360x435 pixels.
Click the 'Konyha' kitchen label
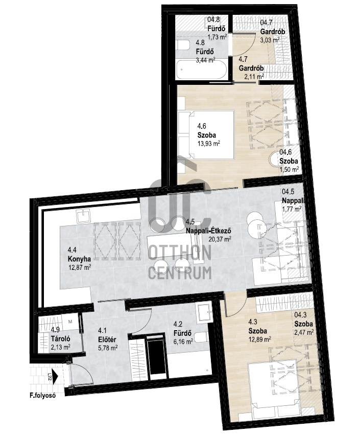(x=79, y=259)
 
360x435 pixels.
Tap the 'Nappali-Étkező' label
(x=209, y=231)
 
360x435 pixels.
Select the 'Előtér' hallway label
(x=107, y=339)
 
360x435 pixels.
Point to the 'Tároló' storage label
(x=60, y=338)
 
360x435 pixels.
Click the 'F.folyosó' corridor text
(x=43, y=395)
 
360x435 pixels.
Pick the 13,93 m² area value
(x=209, y=143)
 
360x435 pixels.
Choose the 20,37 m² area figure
(x=220, y=238)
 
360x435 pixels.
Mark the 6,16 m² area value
(x=183, y=341)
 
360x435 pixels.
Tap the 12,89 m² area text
(x=260, y=339)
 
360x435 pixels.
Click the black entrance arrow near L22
(x=55, y=376)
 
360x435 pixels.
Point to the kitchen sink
(x=84, y=215)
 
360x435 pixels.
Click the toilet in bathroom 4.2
(x=201, y=337)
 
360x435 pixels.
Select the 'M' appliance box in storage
(x=70, y=322)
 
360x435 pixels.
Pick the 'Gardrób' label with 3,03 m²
(x=273, y=32)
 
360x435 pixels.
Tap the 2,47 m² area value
(x=304, y=332)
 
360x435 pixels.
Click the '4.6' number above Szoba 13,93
(x=202, y=126)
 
